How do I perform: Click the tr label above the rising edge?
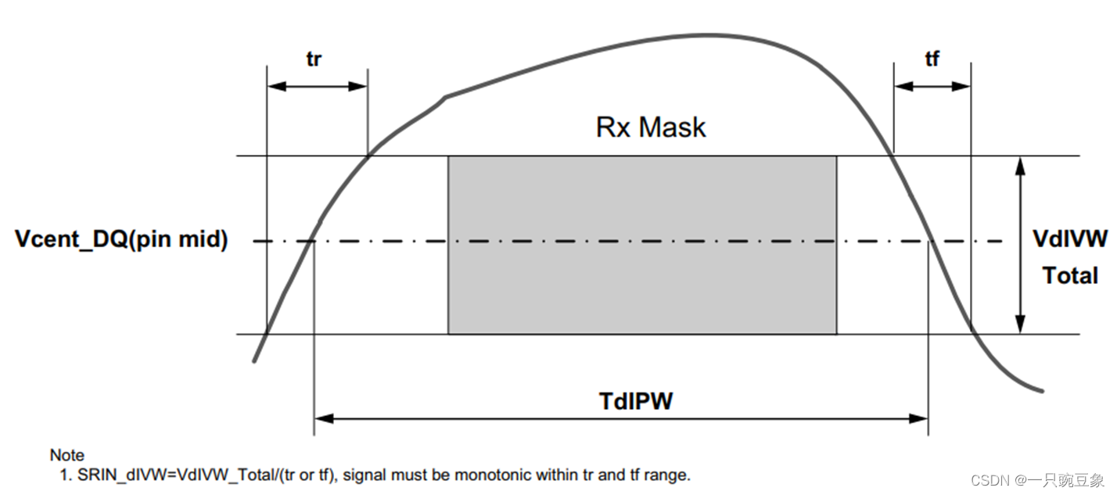(x=313, y=59)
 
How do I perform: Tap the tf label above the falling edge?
(x=932, y=59)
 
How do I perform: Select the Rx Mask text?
(x=651, y=127)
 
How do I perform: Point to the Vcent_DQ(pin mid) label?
(x=122, y=240)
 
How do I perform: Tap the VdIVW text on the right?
(x=1070, y=239)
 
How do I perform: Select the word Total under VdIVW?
(x=1070, y=275)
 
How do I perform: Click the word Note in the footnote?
(x=66, y=455)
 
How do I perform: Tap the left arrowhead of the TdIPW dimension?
(x=321, y=419)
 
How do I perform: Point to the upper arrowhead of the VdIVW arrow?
(x=1019, y=163)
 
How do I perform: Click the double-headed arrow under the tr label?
(x=317, y=86)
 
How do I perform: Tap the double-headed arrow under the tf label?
(x=932, y=86)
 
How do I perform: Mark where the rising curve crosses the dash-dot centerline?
(x=314, y=241)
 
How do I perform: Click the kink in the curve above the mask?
(x=446, y=97)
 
